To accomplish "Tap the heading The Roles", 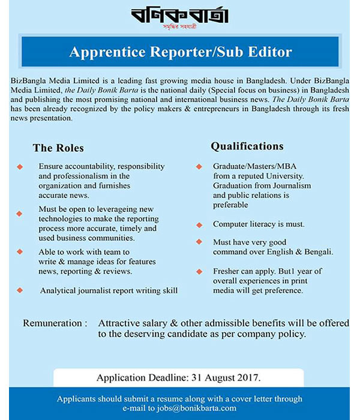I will click(58, 148).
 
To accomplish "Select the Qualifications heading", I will click(247, 146).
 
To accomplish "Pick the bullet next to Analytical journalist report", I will click(20, 290).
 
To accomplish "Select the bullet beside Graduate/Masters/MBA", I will click(199, 166).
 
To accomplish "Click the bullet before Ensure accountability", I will click(20, 166).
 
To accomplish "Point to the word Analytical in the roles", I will click(59, 290).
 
